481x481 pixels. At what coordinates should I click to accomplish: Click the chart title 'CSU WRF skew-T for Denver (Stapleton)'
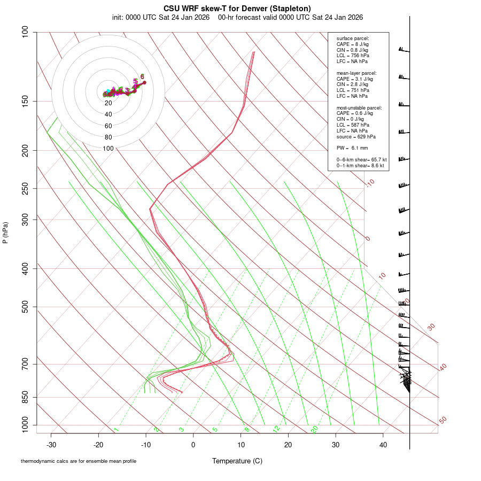coord(237,8)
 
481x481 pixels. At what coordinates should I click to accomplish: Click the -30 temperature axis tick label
coord(51,445)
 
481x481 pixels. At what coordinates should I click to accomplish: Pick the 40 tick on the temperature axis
coord(383,445)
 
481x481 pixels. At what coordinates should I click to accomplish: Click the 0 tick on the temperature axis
coord(193,445)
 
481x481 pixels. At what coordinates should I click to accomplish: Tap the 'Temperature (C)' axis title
coord(237,461)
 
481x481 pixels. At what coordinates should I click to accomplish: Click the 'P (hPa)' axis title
coord(5,232)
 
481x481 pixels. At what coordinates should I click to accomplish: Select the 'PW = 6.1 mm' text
coord(352,148)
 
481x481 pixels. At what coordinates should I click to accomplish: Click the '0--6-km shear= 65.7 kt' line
coord(361,160)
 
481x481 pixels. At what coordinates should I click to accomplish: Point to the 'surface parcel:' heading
coord(353,38)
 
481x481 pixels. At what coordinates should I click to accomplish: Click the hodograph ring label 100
coord(108,149)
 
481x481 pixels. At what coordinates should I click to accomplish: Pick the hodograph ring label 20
coord(108,103)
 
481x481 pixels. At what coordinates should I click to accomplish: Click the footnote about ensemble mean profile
coord(79,461)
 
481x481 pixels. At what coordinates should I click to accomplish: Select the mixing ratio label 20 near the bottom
coord(314,429)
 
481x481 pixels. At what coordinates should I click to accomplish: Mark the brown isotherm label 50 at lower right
coord(443,421)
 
